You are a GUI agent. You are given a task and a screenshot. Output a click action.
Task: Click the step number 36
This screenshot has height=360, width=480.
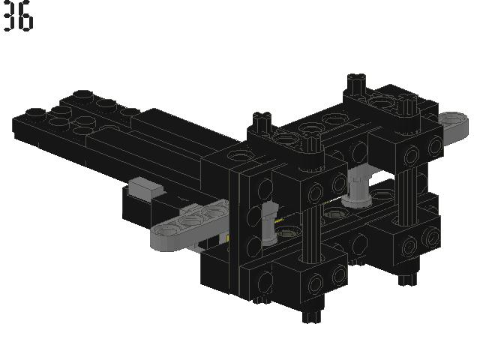(18, 18)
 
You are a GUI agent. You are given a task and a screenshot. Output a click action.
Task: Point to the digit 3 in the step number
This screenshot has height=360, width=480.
(10, 18)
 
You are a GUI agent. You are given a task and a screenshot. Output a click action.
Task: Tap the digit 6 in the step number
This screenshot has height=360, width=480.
(26, 18)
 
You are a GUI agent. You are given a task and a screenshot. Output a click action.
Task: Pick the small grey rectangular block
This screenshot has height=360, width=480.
(145, 187)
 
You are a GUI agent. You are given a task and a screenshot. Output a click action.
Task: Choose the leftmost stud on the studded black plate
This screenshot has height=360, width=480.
(34, 115)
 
